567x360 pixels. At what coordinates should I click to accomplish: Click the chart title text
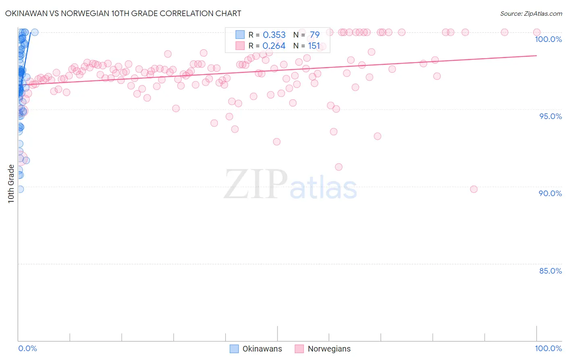click(x=123, y=13)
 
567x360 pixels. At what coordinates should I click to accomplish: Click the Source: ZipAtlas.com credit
click(x=531, y=13)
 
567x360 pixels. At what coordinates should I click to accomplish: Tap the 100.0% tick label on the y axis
click(x=548, y=39)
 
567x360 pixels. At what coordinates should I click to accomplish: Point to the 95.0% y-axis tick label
click(x=550, y=116)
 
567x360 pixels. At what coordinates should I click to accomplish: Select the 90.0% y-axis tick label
click(x=550, y=193)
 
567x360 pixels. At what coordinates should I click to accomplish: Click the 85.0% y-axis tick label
click(x=550, y=271)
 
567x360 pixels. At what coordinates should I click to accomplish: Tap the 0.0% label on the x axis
click(x=27, y=348)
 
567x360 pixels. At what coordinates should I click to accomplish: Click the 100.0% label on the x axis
click(x=548, y=348)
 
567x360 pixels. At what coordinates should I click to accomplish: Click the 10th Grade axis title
click(x=11, y=184)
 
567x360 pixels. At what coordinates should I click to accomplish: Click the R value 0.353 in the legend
click(x=274, y=35)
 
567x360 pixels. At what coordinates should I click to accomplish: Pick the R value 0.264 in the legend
click(x=274, y=46)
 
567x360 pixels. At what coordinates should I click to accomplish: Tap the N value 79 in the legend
click(x=315, y=35)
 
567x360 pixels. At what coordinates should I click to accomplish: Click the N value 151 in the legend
click(x=314, y=46)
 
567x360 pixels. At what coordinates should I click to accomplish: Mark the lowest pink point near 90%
click(x=474, y=189)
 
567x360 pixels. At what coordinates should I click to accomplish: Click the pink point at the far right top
click(x=537, y=32)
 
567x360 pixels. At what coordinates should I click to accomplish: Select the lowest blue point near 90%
click(x=20, y=189)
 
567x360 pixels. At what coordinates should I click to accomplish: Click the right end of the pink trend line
click(x=537, y=56)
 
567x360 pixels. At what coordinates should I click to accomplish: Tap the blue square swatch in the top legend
click(x=240, y=35)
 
